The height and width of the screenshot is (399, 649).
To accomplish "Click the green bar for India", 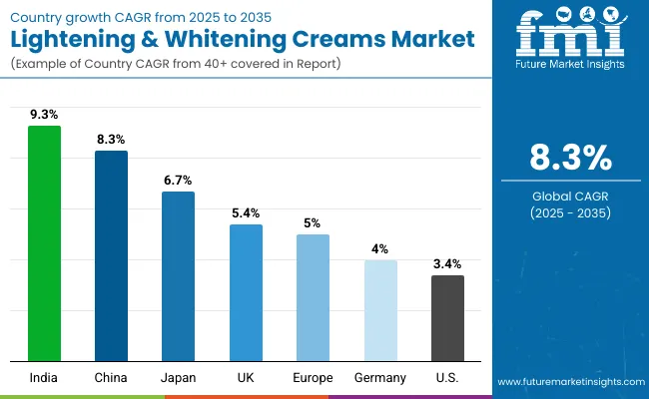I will pyautogui.click(x=44, y=242).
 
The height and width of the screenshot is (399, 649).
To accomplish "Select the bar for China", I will pyautogui.click(x=111, y=255).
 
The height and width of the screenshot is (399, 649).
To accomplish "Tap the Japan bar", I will pyautogui.click(x=178, y=275).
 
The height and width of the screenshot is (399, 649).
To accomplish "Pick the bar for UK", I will pyautogui.click(x=246, y=292).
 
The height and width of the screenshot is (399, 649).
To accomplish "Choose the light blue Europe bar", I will pyautogui.click(x=313, y=297).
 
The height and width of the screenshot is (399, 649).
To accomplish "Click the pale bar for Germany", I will pyautogui.click(x=380, y=310).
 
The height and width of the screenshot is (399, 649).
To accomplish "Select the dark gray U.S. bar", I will pyautogui.click(x=447, y=317).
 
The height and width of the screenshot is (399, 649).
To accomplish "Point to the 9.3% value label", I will pyautogui.click(x=44, y=115).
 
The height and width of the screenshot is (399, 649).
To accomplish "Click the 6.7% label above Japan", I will pyautogui.click(x=178, y=180).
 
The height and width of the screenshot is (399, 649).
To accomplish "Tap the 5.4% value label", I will pyautogui.click(x=246, y=212).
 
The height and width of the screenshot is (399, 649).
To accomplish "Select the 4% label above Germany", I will pyautogui.click(x=380, y=248).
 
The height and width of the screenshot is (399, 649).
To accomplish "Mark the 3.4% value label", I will pyautogui.click(x=447, y=263).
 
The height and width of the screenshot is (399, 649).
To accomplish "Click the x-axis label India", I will pyautogui.click(x=44, y=377).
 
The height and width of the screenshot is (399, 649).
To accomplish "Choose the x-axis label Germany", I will pyautogui.click(x=380, y=377).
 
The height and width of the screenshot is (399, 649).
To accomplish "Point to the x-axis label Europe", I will pyautogui.click(x=313, y=377).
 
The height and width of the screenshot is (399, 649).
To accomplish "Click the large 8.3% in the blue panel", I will pyautogui.click(x=569, y=159).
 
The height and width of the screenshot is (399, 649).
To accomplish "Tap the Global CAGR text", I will pyautogui.click(x=569, y=196).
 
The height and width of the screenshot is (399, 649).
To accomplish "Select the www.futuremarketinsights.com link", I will pyautogui.click(x=568, y=382).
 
